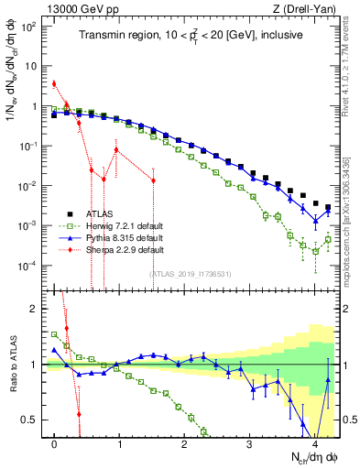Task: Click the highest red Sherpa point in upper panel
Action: tap(55, 83)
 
